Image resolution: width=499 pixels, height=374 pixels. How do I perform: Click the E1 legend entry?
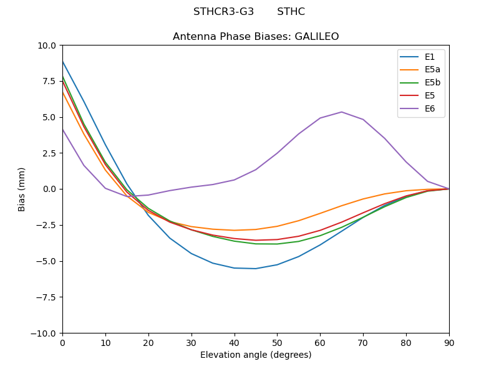[422, 57]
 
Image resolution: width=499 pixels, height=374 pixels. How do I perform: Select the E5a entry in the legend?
[422, 70]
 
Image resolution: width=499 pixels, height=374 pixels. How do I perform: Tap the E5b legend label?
[422, 83]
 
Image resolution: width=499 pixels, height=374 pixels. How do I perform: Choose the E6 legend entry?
[422, 109]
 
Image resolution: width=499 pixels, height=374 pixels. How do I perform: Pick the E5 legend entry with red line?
[422, 96]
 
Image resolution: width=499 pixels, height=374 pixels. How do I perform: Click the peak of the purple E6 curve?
[342, 112]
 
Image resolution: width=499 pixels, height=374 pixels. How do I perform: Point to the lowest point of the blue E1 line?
[256, 269]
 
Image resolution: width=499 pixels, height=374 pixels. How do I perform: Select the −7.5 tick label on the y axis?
[45, 297]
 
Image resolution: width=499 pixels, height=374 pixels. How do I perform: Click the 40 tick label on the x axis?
[235, 343]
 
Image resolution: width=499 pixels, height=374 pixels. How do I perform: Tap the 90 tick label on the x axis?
[449, 343]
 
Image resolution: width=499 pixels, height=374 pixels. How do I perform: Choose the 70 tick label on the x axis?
[363, 343]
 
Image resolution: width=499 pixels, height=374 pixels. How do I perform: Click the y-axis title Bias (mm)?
[22, 189]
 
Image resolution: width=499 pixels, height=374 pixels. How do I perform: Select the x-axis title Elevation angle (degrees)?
[256, 355]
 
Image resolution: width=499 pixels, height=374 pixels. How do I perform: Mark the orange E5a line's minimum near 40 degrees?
[235, 230]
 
